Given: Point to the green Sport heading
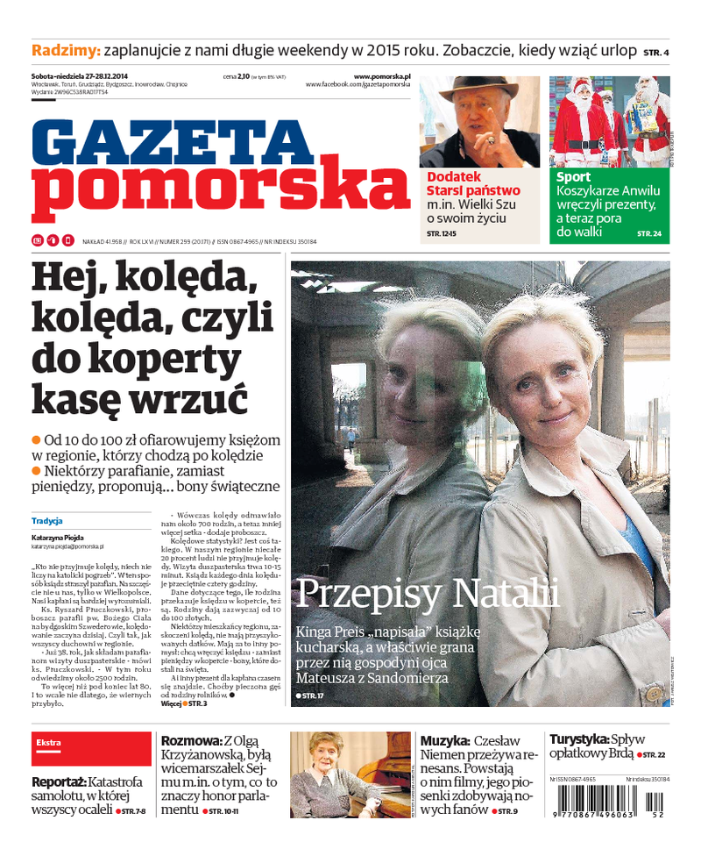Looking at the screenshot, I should click(x=573, y=177).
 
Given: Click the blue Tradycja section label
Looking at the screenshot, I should click(x=46, y=520).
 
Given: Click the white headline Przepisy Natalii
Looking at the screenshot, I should click(x=427, y=594).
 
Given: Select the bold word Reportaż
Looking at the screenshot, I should click(x=58, y=781).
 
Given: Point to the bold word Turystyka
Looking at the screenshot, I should click(x=577, y=738).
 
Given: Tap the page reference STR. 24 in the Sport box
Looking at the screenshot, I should click(x=649, y=233).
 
